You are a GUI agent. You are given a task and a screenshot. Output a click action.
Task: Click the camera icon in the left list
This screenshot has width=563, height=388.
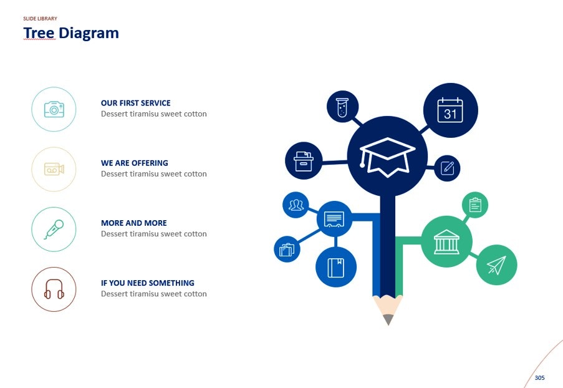(54, 110)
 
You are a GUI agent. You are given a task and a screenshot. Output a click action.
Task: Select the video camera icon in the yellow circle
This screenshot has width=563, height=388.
(54, 169)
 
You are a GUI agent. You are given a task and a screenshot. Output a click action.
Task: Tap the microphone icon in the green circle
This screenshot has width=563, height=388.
(54, 229)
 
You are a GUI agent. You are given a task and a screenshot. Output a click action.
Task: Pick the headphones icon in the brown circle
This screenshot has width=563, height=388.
(54, 289)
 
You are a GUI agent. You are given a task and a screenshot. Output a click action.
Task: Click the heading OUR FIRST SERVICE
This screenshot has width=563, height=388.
(135, 103)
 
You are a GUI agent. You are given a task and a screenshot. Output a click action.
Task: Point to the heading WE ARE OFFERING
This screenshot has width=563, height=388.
(134, 163)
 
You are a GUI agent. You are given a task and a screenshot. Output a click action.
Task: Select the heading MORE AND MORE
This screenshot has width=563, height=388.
(133, 223)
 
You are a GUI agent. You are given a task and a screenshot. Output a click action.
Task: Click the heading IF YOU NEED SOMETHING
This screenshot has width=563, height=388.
(147, 283)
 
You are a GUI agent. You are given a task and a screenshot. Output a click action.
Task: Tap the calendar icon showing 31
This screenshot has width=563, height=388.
(450, 110)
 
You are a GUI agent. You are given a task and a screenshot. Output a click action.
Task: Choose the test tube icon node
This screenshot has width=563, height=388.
(342, 107)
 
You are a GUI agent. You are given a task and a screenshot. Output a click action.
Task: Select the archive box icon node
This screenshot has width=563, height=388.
(304, 161)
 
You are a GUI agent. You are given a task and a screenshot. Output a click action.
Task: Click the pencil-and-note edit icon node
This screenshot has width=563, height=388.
(446, 168)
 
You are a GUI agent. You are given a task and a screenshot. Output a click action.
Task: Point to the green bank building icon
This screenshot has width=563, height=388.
(446, 241)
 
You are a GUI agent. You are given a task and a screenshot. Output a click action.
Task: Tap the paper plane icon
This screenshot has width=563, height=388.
(496, 264)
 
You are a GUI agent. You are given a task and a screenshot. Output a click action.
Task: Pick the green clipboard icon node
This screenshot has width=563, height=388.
(475, 205)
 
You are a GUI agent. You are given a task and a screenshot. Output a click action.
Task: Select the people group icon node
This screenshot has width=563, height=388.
(296, 205)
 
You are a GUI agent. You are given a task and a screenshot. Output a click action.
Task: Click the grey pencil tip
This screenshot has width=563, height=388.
(388, 319)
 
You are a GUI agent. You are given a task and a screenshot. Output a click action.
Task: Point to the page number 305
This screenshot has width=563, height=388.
(539, 377)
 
